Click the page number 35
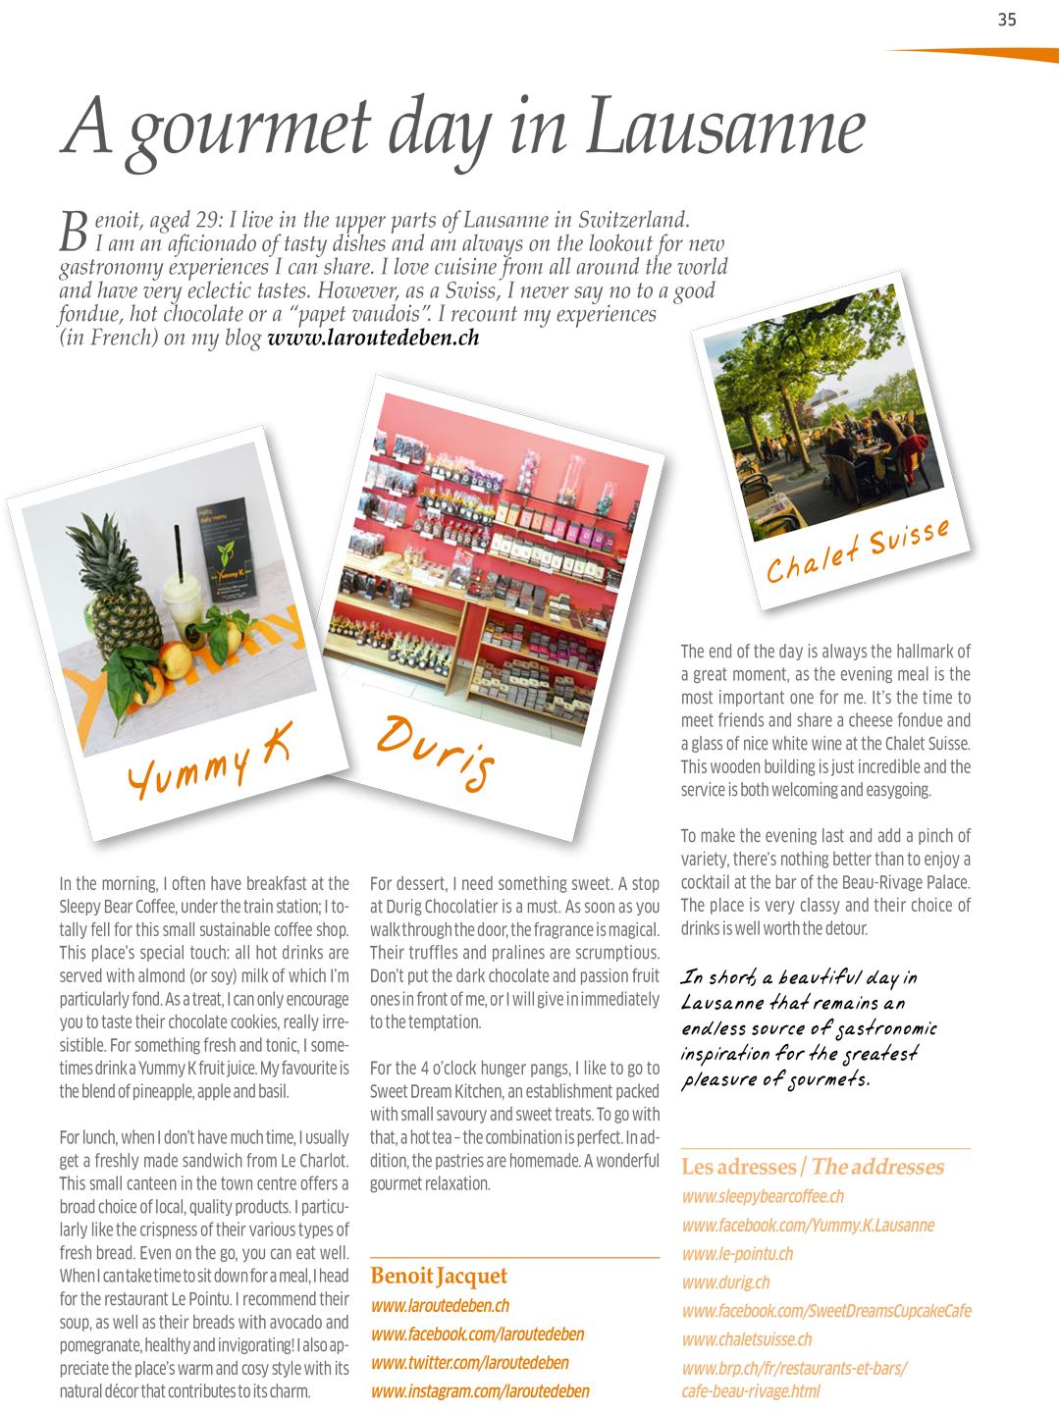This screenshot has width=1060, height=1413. (1007, 20)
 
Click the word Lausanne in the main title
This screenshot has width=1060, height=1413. (725, 129)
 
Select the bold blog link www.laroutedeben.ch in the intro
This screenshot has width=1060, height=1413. (373, 338)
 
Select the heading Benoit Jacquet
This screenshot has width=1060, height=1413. (439, 1276)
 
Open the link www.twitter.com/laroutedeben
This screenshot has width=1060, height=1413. (470, 1363)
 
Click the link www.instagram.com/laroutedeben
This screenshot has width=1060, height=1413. (480, 1391)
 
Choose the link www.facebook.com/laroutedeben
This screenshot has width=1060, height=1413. (477, 1334)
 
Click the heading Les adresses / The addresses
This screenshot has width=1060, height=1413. (813, 1167)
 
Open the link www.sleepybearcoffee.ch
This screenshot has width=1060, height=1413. (763, 1196)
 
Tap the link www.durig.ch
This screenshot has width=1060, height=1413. (725, 1282)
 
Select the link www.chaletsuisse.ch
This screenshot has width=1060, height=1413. (747, 1339)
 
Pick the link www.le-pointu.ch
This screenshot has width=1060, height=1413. (737, 1254)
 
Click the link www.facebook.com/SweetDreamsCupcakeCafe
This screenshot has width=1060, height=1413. (826, 1311)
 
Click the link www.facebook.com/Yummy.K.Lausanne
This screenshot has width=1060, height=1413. (808, 1226)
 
